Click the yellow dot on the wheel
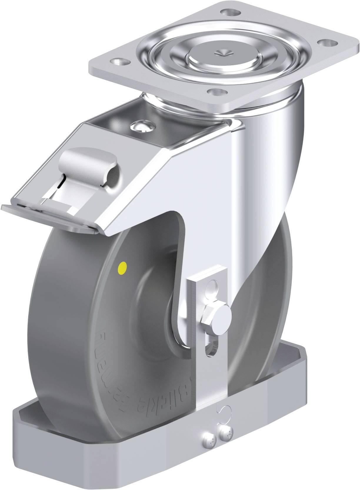tap(121, 267)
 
